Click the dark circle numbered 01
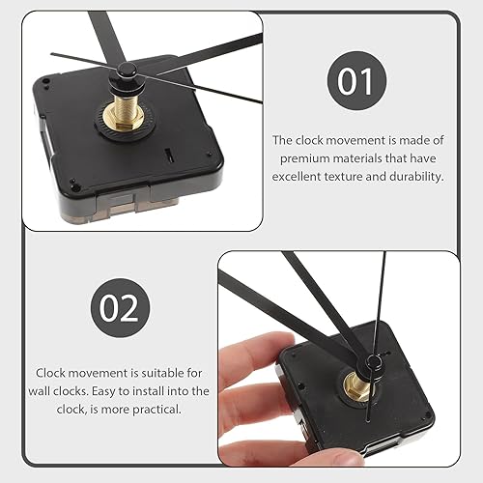pos(356,81)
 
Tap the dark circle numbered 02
pos(120,308)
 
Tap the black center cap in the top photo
pos(126,71)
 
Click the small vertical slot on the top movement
pos(169,155)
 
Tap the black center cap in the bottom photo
pos(372,364)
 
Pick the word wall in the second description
pos(40,391)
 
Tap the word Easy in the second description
pos(103,391)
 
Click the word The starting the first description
pos(283,140)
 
